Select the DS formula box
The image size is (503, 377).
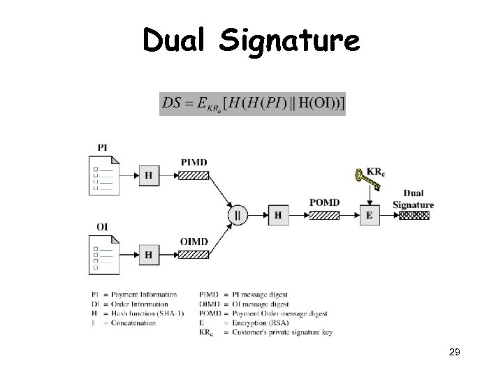(x=252, y=103)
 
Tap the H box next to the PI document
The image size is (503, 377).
(x=148, y=175)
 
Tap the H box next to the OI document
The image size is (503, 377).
(x=148, y=255)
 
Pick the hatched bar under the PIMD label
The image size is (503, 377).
(x=194, y=175)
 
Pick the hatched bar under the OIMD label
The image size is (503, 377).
(x=194, y=255)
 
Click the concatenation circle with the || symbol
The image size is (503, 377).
(x=238, y=215)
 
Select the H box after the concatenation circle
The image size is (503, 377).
(x=278, y=215)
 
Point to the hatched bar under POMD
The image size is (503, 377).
(x=324, y=215)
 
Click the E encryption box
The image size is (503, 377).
(x=369, y=215)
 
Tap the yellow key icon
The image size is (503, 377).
(x=367, y=181)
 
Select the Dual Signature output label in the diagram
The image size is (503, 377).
(x=413, y=199)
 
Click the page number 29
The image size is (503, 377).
(x=454, y=355)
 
